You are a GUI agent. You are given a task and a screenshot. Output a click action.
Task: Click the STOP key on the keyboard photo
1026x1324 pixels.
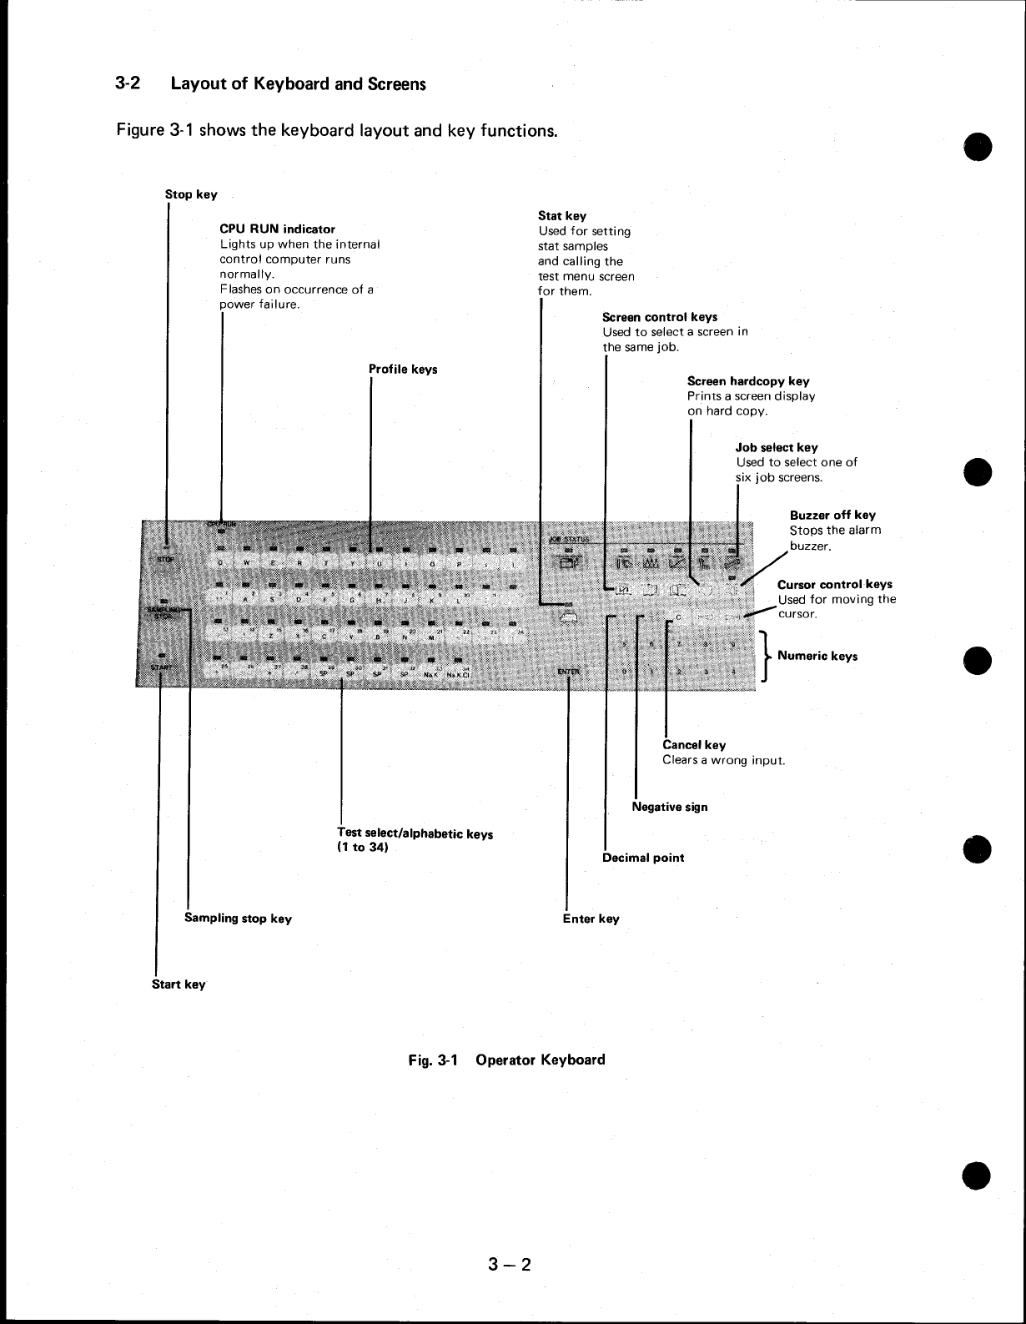[165, 559]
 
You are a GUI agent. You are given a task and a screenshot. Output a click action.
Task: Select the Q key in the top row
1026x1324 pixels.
[220, 561]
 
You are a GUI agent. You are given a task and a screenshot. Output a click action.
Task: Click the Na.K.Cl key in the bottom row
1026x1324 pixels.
[460, 675]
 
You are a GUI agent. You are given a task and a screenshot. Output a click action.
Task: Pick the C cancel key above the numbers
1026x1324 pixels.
[678, 617]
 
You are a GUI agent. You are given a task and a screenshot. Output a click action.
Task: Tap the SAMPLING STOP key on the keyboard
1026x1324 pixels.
[165, 612]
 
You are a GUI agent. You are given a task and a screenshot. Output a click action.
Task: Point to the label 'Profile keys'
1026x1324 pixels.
[403, 370]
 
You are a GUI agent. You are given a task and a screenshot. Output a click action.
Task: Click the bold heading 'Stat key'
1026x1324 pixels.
[562, 216]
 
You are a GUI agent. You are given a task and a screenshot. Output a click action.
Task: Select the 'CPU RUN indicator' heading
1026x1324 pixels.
[277, 229]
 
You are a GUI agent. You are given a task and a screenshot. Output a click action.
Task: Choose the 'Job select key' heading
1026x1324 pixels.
[777, 448]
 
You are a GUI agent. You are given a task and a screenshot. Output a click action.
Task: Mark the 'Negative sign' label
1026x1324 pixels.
[670, 807]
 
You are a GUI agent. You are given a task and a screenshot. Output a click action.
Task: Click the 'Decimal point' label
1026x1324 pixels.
[643, 858]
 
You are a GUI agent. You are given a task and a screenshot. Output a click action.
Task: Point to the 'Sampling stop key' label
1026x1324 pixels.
[238, 919]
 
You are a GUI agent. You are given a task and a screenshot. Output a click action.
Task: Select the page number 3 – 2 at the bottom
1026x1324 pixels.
[510, 1265]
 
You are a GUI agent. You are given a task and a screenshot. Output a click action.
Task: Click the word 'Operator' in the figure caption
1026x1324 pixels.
[505, 1060]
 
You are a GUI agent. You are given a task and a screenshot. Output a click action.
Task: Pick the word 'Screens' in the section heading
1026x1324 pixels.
[396, 84]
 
